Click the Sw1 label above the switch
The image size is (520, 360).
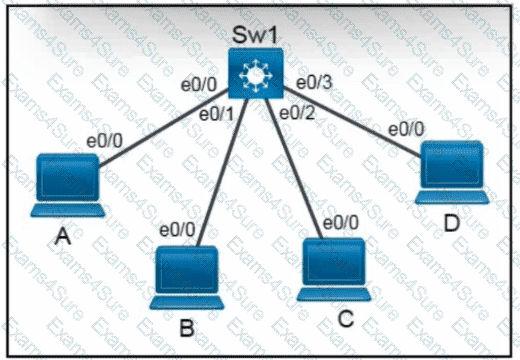(255, 35)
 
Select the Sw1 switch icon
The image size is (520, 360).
(256, 73)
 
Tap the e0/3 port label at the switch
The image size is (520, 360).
(314, 82)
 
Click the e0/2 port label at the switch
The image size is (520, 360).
(297, 113)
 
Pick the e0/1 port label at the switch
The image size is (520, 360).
(217, 115)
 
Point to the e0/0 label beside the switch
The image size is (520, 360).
(199, 85)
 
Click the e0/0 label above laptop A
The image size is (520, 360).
(105, 141)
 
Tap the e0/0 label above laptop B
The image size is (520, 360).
(177, 230)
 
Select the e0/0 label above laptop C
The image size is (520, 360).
(341, 222)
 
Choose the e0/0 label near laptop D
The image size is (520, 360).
(406, 129)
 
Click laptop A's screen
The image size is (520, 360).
(68, 178)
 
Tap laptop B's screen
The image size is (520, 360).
(187, 270)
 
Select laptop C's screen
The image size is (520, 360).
(334, 262)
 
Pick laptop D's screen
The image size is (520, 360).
(452, 165)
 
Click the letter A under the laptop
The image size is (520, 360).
(63, 236)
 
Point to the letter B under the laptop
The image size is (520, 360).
(187, 328)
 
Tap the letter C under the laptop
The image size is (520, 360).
(346, 318)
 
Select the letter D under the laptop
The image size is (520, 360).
(452, 223)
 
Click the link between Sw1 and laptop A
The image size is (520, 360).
(164, 128)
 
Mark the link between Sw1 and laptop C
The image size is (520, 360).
(294, 168)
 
